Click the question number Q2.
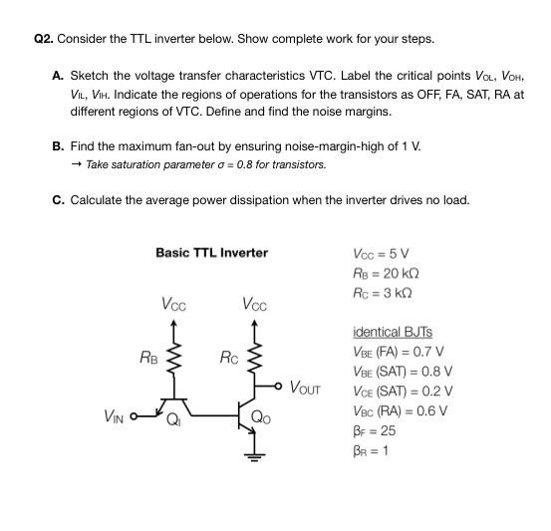(x=43, y=39)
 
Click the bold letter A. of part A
(x=59, y=76)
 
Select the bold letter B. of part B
(x=59, y=145)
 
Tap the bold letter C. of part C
(x=59, y=199)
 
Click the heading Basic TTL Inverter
(x=211, y=252)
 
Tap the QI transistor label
(x=174, y=419)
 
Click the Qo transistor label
(x=260, y=418)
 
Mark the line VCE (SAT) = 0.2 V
(x=403, y=391)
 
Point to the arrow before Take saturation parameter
(x=76, y=164)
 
